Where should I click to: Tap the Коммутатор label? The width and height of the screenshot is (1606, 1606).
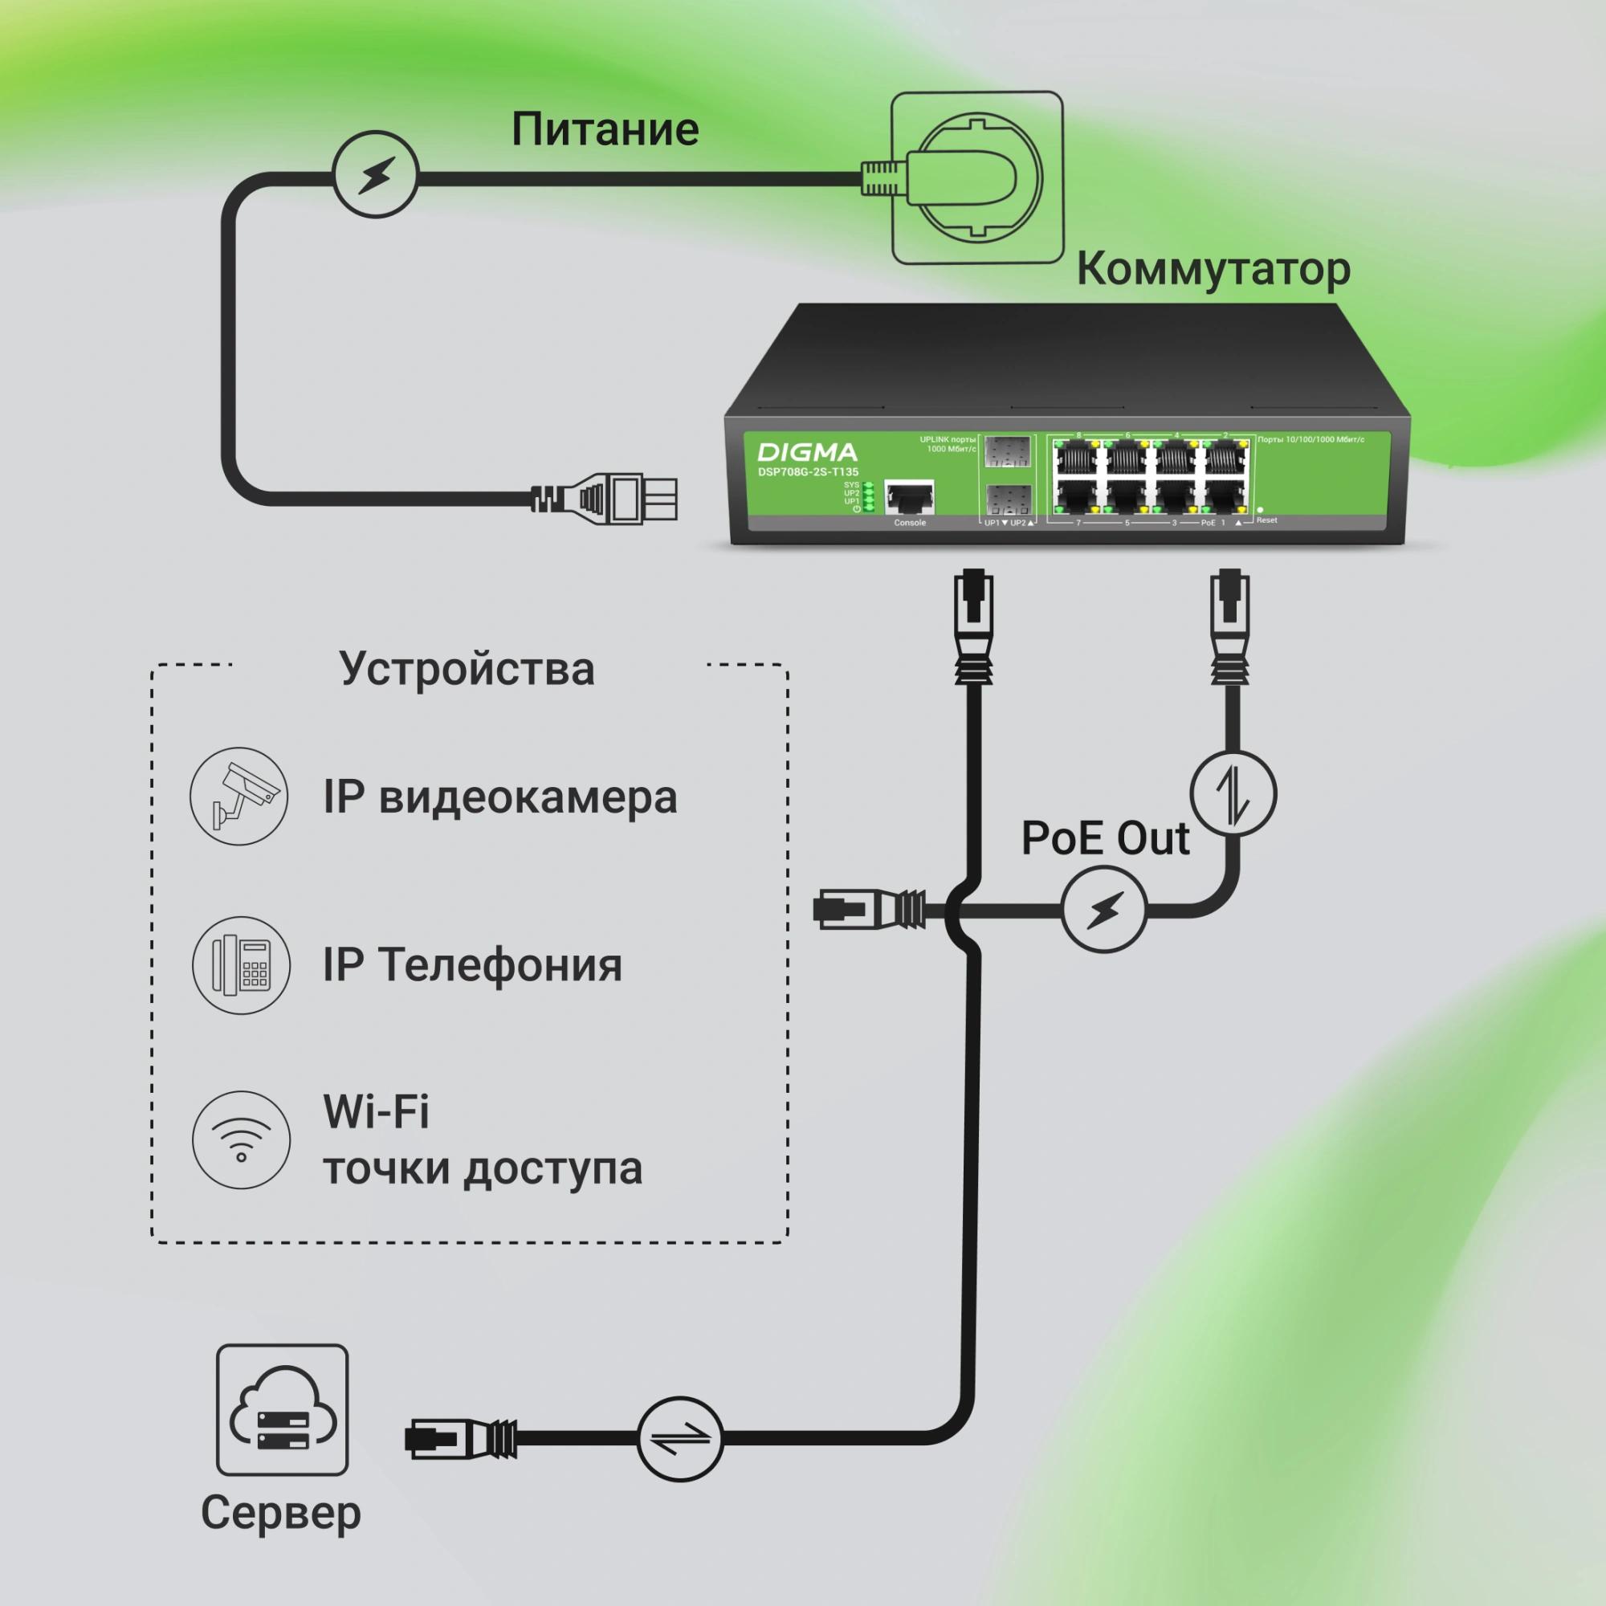pyautogui.click(x=1213, y=269)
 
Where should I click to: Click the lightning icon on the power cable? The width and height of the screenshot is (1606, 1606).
pyautogui.click(x=376, y=174)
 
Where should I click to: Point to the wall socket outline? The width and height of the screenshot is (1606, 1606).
pyautogui.click(x=976, y=178)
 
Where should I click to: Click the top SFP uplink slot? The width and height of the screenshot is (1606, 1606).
pyautogui.click(x=1008, y=452)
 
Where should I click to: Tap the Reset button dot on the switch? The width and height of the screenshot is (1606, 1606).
pyautogui.click(x=1260, y=510)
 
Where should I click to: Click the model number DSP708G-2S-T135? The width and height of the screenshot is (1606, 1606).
pyautogui.click(x=807, y=472)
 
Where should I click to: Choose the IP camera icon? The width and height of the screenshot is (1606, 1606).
pyautogui.click(x=239, y=796)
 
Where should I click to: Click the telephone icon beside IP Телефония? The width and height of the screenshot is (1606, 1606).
pyautogui.click(x=241, y=965)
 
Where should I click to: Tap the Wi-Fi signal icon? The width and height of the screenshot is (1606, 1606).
pyautogui.click(x=241, y=1139)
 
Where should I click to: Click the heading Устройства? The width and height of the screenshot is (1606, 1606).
pyautogui.click(x=467, y=669)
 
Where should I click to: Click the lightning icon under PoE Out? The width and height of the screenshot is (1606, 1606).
pyautogui.click(x=1104, y=911)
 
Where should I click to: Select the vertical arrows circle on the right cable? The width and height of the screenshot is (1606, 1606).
pyautogui.click(x=1233, y=793)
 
